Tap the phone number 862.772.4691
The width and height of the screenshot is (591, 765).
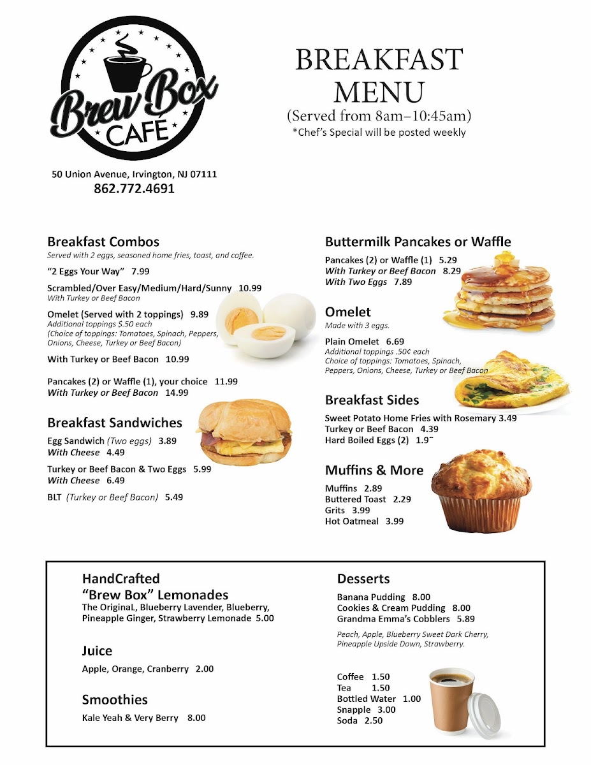click(x=134, y=189)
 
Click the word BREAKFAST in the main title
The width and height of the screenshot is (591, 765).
click(x=379, y=61)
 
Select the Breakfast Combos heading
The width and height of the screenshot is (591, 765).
click(x=103, y=242)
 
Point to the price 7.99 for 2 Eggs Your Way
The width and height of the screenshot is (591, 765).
click(x=141, y=272)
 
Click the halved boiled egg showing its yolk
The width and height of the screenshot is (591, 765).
click(x=269, y=335)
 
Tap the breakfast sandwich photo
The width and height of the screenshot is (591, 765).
click(x=244, y=432)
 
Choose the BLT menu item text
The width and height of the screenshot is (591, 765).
click(x=55, y=497)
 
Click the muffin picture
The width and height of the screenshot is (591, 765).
click(x=481, y=491)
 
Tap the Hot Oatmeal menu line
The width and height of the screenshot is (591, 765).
click(x=364, y=521)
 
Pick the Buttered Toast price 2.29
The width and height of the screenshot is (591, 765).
click(x=402, y=500)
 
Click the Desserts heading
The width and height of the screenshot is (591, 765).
click(x=363, y=579)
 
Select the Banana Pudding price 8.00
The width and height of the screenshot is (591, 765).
click(x=421, y=597)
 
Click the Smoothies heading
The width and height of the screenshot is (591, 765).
click(x=115, y=700)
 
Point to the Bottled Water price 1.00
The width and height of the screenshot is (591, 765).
click(x=412, y=699)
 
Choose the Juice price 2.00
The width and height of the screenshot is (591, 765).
click(x=205, y=669)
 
